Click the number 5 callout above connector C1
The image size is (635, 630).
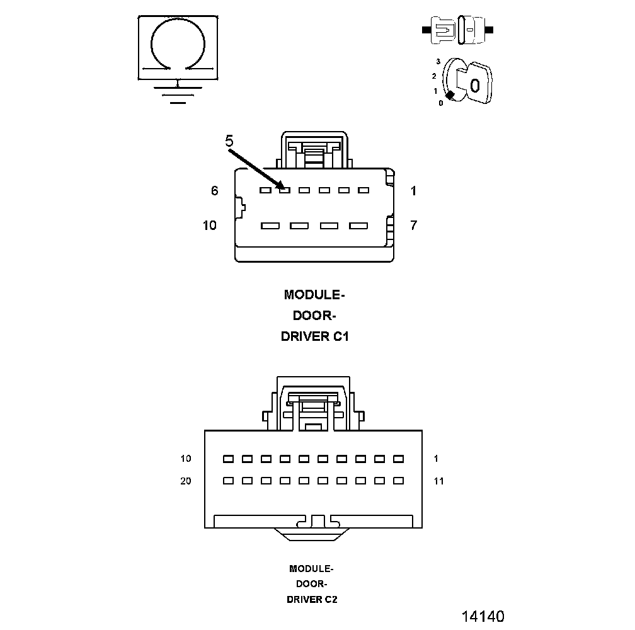click(229, 141)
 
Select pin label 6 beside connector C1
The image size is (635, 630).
click(214, 190)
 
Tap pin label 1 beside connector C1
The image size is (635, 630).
click(413, 190)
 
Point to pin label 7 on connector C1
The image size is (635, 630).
click(413, 225)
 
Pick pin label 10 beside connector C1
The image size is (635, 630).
click(210, 225)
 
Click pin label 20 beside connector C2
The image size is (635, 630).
click(186, 481)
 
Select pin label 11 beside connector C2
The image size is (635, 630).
click(438, 481)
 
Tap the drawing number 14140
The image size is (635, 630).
click(483, 616)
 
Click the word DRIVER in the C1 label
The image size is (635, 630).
click(304, 336)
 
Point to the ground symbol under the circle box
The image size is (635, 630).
click(178, 91)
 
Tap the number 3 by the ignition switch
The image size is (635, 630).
click(438, 62)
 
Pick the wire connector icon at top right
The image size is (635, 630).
click(457, 30)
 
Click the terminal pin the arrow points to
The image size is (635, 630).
click(285, 190)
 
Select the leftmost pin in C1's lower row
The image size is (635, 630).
click(270, 226)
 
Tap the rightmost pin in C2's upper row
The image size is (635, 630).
click(398, 459)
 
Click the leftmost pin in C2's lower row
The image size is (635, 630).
click(228, 481)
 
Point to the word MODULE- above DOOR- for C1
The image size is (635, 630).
click(314, 295)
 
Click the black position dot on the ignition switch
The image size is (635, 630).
click(450, 94)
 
